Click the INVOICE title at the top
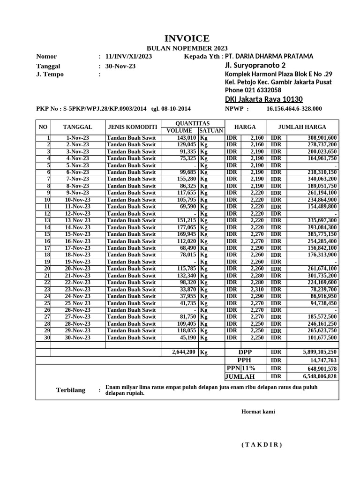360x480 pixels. (187, 38)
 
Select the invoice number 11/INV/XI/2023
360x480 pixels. (128, 57)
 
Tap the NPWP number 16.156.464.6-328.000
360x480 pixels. (294, 109)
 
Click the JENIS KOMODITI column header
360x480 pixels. (133, 127)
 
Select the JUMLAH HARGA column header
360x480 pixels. (302, 127)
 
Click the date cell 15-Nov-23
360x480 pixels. (78, 234)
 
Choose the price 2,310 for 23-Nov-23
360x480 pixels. (258, 289)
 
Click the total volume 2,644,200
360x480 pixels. (183, 352)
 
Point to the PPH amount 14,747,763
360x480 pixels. (323, 360)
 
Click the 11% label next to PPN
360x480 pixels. (249, 368)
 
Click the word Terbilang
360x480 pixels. (71, 390)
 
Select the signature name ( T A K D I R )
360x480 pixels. (262, 445)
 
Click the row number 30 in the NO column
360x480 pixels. (47, 337)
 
